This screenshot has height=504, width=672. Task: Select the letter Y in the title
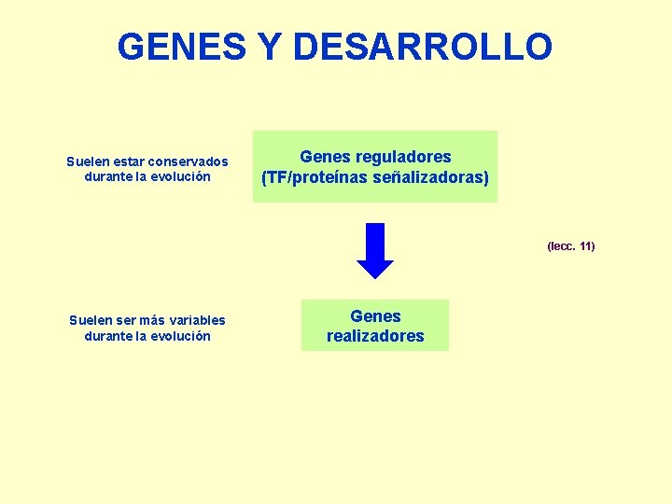coord(270,47)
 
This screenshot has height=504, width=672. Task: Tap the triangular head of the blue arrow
coord(375,267)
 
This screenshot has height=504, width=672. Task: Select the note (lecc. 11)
coord(570,246)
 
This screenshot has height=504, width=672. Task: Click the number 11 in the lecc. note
coord(585,246)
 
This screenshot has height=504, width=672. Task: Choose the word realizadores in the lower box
coord(375,336)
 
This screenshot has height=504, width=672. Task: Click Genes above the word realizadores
coord(375,316)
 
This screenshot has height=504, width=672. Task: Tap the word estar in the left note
coord(128,161)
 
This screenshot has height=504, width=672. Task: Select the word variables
coord(194,321)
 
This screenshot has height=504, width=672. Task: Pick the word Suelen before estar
coord(87,161)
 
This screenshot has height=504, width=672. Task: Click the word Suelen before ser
coord(90,321)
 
